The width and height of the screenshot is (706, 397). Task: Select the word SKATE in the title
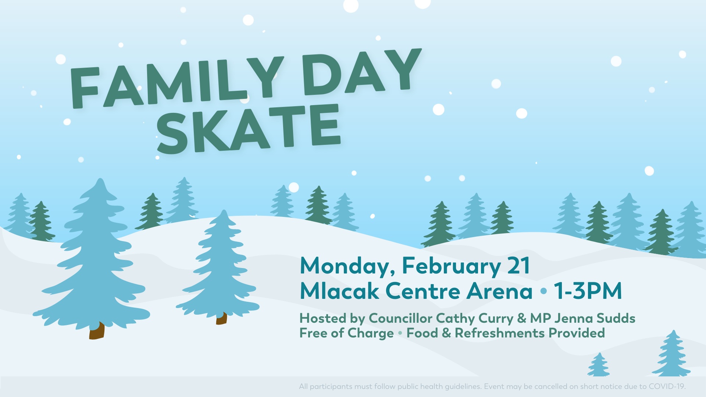tap(249, 128)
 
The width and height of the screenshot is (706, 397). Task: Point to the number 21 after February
tap(519, 265)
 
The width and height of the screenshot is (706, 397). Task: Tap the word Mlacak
tap(339, 291)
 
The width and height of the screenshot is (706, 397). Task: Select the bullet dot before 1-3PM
tap(544, 291)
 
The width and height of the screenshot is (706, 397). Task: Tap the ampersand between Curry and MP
tap(522, 318)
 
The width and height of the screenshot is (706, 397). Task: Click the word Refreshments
tap(500, 333)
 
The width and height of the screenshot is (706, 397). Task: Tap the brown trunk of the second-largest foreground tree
tap(221, 318)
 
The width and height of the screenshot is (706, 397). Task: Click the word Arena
tap(500, 291)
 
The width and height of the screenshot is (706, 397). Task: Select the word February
tap(451, 266)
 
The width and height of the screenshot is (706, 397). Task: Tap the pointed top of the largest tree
tap(100, 179)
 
